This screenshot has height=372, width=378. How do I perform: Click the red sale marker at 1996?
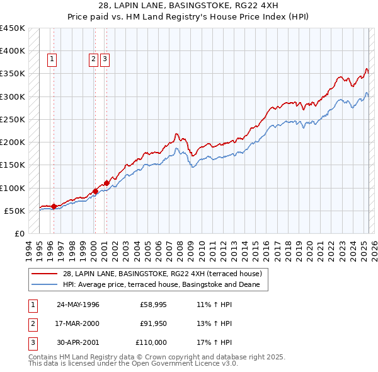[54, 206]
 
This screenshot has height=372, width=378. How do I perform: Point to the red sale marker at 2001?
[106, 183]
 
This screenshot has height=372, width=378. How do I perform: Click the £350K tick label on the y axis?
[13, 74]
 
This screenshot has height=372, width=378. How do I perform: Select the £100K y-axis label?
[13, 188]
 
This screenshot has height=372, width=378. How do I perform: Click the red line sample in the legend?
[45, 274]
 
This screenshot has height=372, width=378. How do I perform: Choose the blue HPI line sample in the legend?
[45, 284]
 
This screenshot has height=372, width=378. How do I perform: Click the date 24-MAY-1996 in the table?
[78, 305]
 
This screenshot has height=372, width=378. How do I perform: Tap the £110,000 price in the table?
[151, 342]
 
